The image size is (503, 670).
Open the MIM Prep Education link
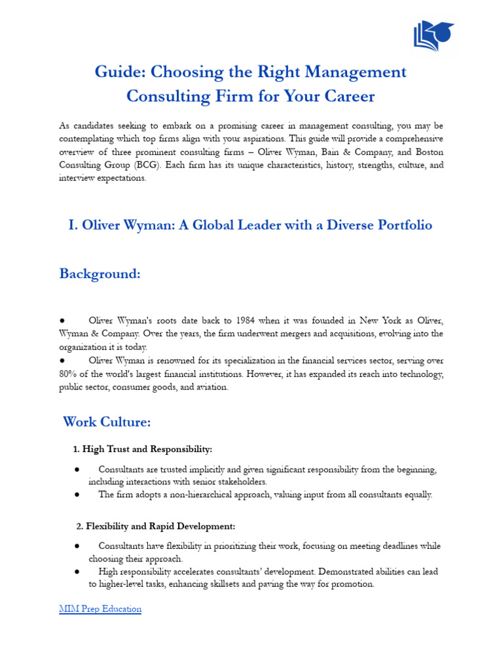(100, 608)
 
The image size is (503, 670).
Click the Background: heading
(100, 273)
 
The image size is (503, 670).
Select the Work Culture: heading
(107, 422)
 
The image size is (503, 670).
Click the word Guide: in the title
(119, 71)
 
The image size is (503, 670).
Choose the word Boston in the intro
(428, 152)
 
